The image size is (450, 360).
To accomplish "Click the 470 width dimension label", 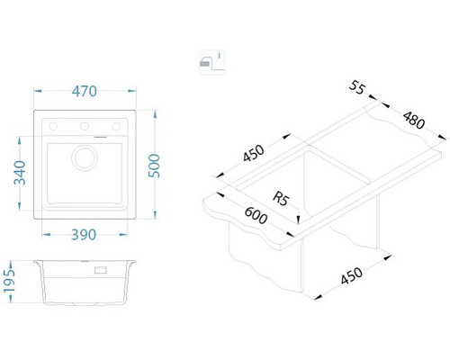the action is [85, 91].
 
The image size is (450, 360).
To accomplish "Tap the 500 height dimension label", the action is [155, 166].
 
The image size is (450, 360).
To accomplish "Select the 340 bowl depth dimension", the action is [20, 173].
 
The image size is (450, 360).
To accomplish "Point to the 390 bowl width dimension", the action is [84, 235].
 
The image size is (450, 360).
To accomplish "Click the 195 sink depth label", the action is [9, 281].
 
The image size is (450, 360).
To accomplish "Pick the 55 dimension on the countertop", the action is [357, 87].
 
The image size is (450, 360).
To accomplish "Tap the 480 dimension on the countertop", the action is [414, 120].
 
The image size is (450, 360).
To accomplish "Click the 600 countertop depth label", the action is [256, 215].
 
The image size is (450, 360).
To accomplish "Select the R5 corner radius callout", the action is [281, 199].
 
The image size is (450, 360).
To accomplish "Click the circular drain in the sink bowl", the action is [85, 158].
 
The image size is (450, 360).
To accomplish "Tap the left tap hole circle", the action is [53, 127].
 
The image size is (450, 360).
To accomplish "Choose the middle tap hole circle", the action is [85, 127].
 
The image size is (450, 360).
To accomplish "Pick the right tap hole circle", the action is [116, 127].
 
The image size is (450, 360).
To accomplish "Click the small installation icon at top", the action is [212, 62].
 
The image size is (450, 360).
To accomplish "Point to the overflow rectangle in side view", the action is [100, 270].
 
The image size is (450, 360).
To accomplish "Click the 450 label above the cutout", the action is [254, 153].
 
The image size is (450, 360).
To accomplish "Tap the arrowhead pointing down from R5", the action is [298, 220].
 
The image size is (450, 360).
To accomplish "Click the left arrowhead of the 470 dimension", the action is [37, 91].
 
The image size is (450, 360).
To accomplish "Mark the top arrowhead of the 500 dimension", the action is [155, 114].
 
